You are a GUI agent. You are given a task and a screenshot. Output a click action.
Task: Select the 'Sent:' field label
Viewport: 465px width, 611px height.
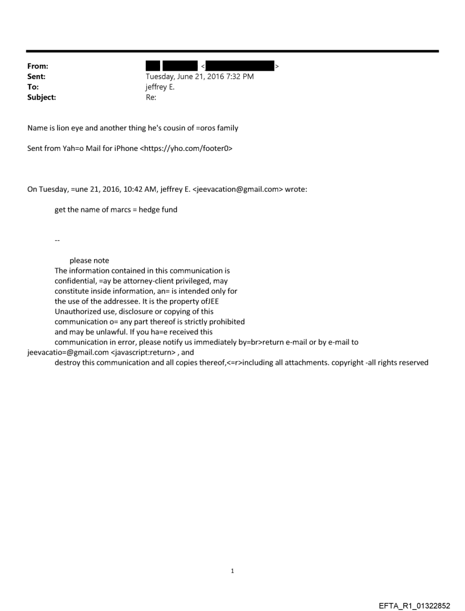click(36, 77)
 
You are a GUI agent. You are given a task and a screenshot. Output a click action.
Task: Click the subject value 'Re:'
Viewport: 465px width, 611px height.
click(152, 97)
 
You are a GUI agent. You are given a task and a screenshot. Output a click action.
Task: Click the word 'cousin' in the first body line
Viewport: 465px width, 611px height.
click(172, 128)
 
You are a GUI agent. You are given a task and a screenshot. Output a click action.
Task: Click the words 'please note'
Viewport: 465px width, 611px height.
click(89, 261)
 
